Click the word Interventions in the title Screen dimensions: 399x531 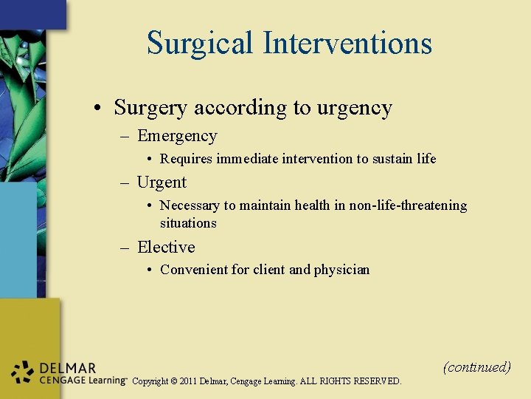tap(348, 43)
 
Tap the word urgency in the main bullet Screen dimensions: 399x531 tap(354, 108)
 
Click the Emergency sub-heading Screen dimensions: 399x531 tap(177, 136)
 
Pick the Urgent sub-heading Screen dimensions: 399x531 tap(162, 183)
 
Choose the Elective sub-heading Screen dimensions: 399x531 tap(166, 247)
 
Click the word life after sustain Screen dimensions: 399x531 tap(424, 159)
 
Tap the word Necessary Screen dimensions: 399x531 tap(188, 205)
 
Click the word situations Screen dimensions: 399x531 tap(188, 223)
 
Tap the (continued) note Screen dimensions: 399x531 tap(476, 366)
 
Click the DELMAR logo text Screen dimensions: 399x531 tap(67, 368)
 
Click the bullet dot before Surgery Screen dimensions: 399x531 tap(97, 109)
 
